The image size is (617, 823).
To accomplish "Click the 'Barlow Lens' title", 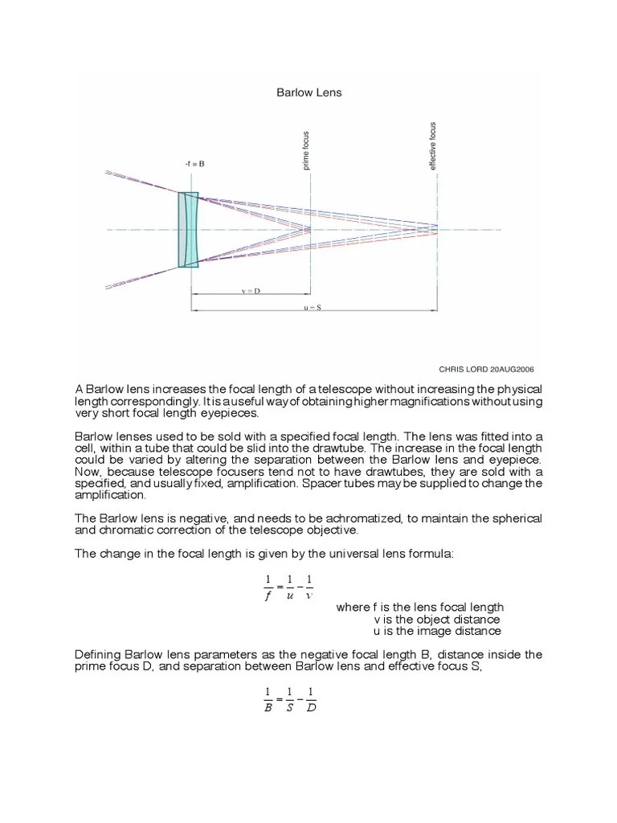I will [308, 92].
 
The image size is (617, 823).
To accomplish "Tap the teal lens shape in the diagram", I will [188, 229].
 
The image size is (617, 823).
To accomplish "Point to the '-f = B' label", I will [194, 163].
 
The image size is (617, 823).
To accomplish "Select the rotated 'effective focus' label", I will [433, 145].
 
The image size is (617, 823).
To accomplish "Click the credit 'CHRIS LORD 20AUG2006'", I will [486, 369].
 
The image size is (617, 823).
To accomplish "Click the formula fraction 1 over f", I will [268, 588].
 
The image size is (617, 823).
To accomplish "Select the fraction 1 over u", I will [289, 588].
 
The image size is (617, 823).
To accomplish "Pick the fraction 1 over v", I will [310, 588].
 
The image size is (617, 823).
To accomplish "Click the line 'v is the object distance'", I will [437, 619].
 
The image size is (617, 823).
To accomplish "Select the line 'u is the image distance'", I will [437, 631].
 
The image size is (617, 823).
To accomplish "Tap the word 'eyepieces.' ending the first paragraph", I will [234, 413].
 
